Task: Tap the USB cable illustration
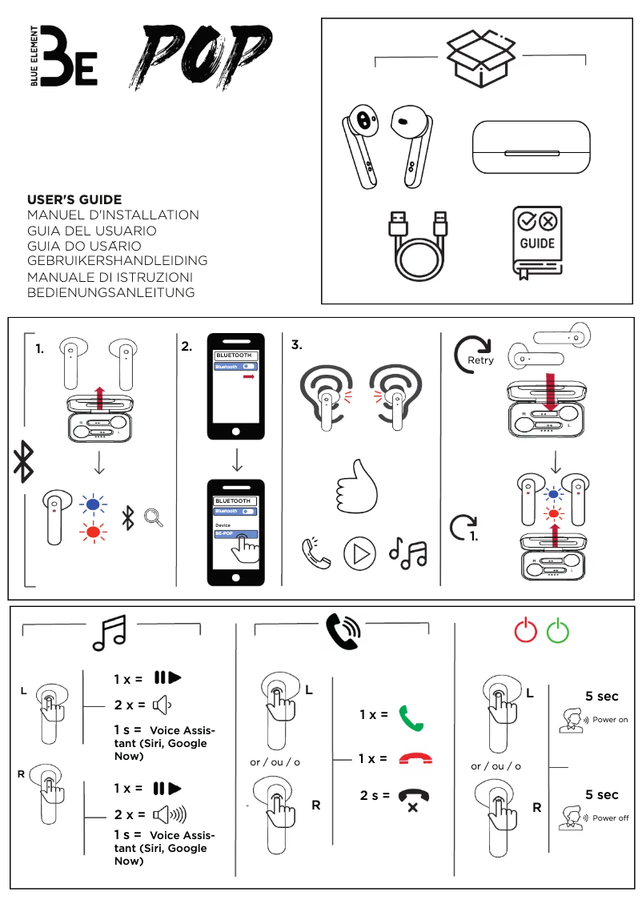[416, 247]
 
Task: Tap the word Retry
[481, 360]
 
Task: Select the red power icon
[525, 631]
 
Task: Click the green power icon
[557, 631]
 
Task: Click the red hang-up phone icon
[412, 758]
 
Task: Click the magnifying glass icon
[153, 518]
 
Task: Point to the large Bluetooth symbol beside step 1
[22, 462]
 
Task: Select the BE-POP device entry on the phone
[235, 534]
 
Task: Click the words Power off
[610, 818]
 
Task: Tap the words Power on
[610, 720]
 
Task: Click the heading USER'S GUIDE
[74, 199]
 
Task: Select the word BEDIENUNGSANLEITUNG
[111, 292]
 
